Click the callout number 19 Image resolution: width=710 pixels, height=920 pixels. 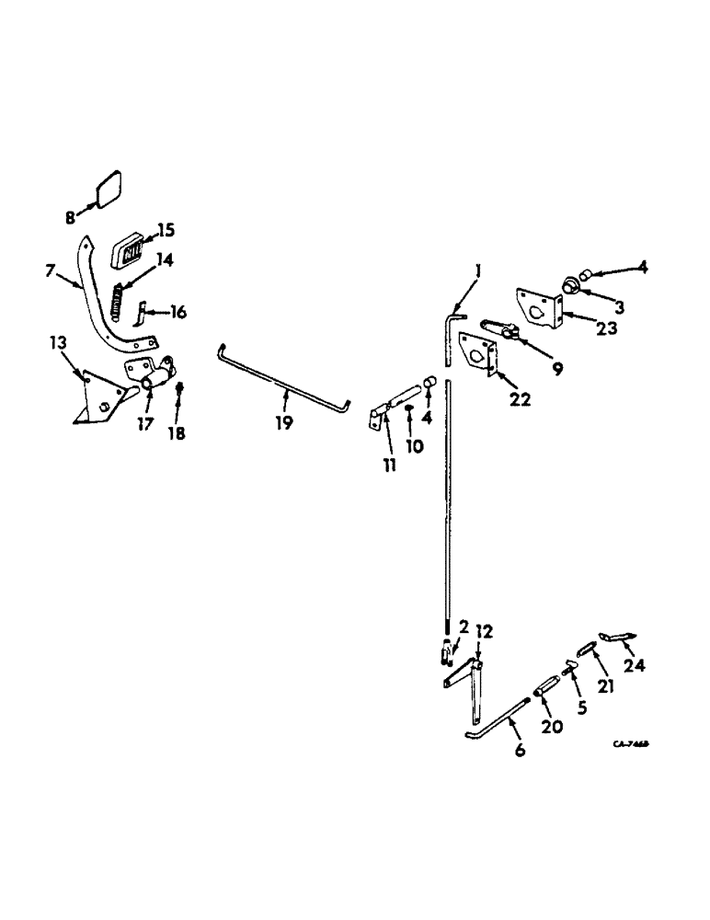[x=283, y=422]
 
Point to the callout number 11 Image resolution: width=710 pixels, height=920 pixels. [x=390, y=466]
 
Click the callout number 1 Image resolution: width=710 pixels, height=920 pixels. [x=477, y=272]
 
